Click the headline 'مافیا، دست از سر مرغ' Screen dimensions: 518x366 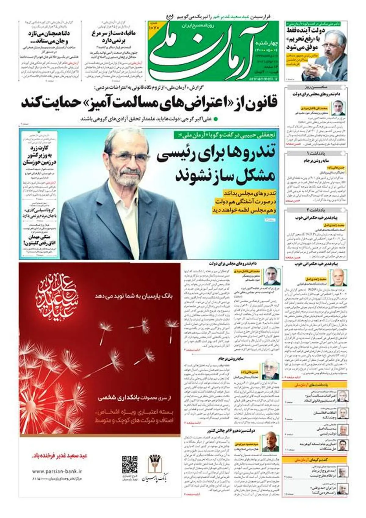click(113, 33)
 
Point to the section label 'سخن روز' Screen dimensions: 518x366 click(316, 87)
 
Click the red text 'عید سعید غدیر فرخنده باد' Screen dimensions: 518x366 click(60, 456)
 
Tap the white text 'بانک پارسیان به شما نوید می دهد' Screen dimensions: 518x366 click(134, 296)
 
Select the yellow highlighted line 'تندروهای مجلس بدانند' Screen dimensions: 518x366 click(250, 193)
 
